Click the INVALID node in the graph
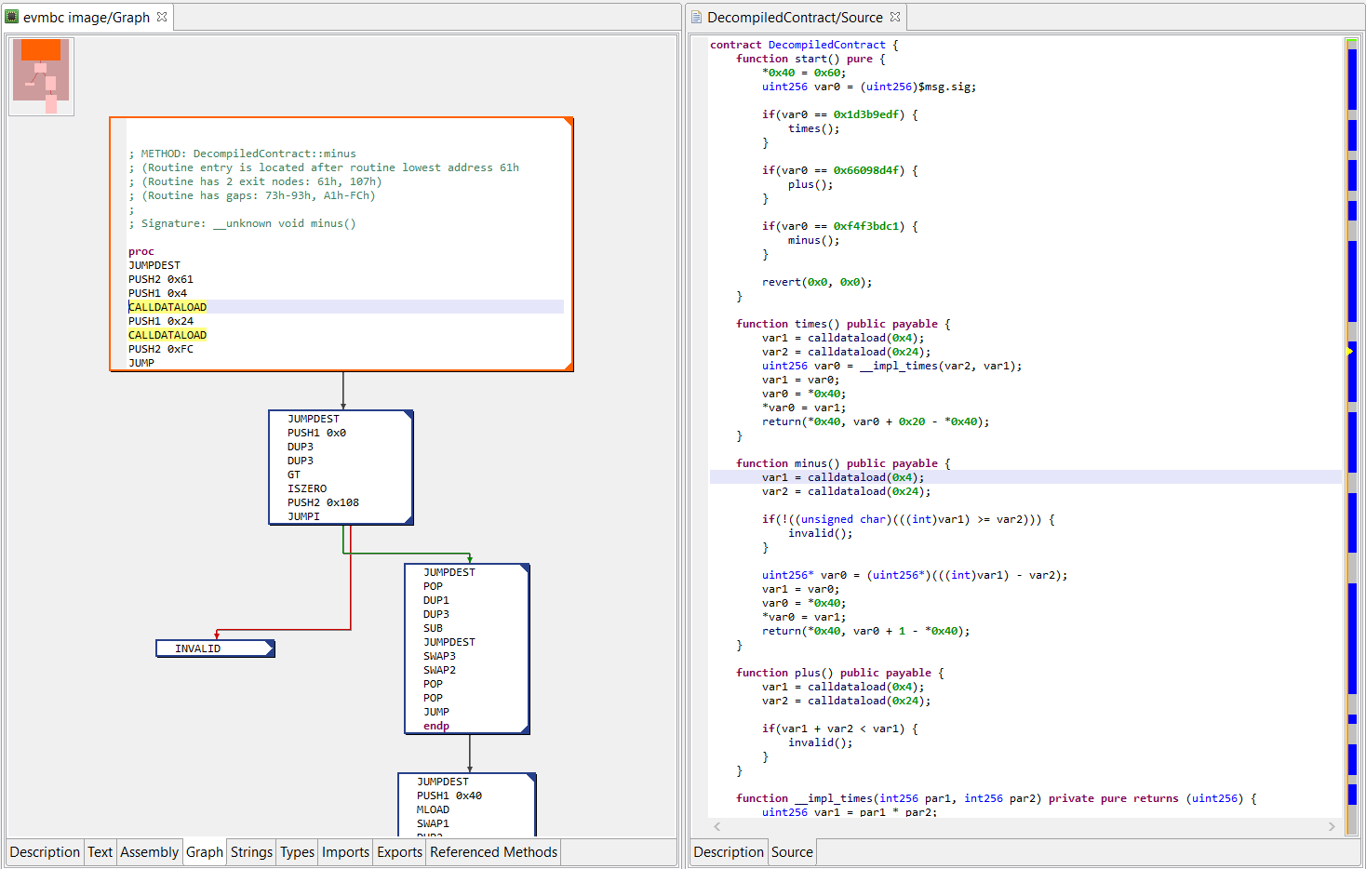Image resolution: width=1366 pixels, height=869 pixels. tap(215, 648)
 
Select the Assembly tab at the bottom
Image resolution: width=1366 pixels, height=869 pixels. tap(149, 852)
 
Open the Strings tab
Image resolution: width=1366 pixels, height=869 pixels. tap(251, 852)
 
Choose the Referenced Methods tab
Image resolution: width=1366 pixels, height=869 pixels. tap(493, 852)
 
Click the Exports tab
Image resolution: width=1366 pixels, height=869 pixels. tap(399, 852)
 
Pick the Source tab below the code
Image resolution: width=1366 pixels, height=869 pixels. tap(792, 852)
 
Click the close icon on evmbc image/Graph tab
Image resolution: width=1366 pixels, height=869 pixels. tap(162, 17)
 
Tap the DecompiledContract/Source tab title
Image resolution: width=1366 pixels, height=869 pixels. tap(794, 18)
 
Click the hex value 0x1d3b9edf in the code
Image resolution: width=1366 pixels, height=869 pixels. tap(865, 114)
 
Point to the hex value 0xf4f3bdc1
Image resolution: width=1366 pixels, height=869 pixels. tap(865, 226)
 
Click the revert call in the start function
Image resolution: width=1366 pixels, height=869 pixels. tap(781, 282)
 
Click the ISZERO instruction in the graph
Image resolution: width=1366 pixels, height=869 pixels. tap(307, 488)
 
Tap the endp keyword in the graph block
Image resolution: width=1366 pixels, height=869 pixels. tap(436, 726)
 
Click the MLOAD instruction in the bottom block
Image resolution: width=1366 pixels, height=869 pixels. tap(433, 809)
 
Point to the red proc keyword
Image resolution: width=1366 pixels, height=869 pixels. tap(141, 251)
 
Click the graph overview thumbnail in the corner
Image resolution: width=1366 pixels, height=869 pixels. tap(41, 76)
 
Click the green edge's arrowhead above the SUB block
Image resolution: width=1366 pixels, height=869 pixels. tap(470, 559)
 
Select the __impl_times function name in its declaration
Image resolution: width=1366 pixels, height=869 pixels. tap(834, 798)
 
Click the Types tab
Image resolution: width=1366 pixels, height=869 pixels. tap(297, 852)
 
